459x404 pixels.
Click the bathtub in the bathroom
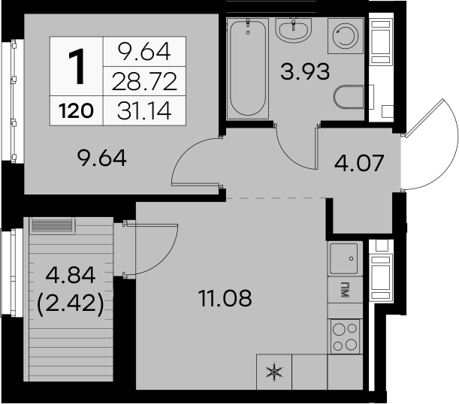[x=248, y=68]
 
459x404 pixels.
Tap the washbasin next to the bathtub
[x=293, y=30]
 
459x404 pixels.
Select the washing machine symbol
[x=346, y=36]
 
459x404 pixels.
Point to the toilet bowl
[x=349, y=98]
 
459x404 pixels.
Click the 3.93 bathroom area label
[x=305, y=71]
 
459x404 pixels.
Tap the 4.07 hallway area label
[x=359, y=163]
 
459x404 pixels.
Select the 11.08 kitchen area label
[x=225, y=298]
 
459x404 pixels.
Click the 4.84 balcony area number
[x=71, y=275]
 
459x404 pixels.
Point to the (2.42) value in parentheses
[x=71, y=304]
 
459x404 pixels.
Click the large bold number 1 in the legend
[x=77, y=66]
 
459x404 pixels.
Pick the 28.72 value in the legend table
[x=144, y=81]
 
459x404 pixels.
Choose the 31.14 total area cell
[x=144, y=111]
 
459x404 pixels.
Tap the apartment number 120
[x=76, y=111]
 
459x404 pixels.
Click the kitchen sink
[x=345, y=258]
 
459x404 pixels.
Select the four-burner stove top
[x=346, y=336]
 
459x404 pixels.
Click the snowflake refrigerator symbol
[x=274, y=372]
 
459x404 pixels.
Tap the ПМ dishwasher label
[x=346, y=290]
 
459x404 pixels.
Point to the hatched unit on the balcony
[x=52, y=225]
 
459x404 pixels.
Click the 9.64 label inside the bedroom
[x=102, y=158]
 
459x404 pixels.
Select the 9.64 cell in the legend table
[x=144, y=52]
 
